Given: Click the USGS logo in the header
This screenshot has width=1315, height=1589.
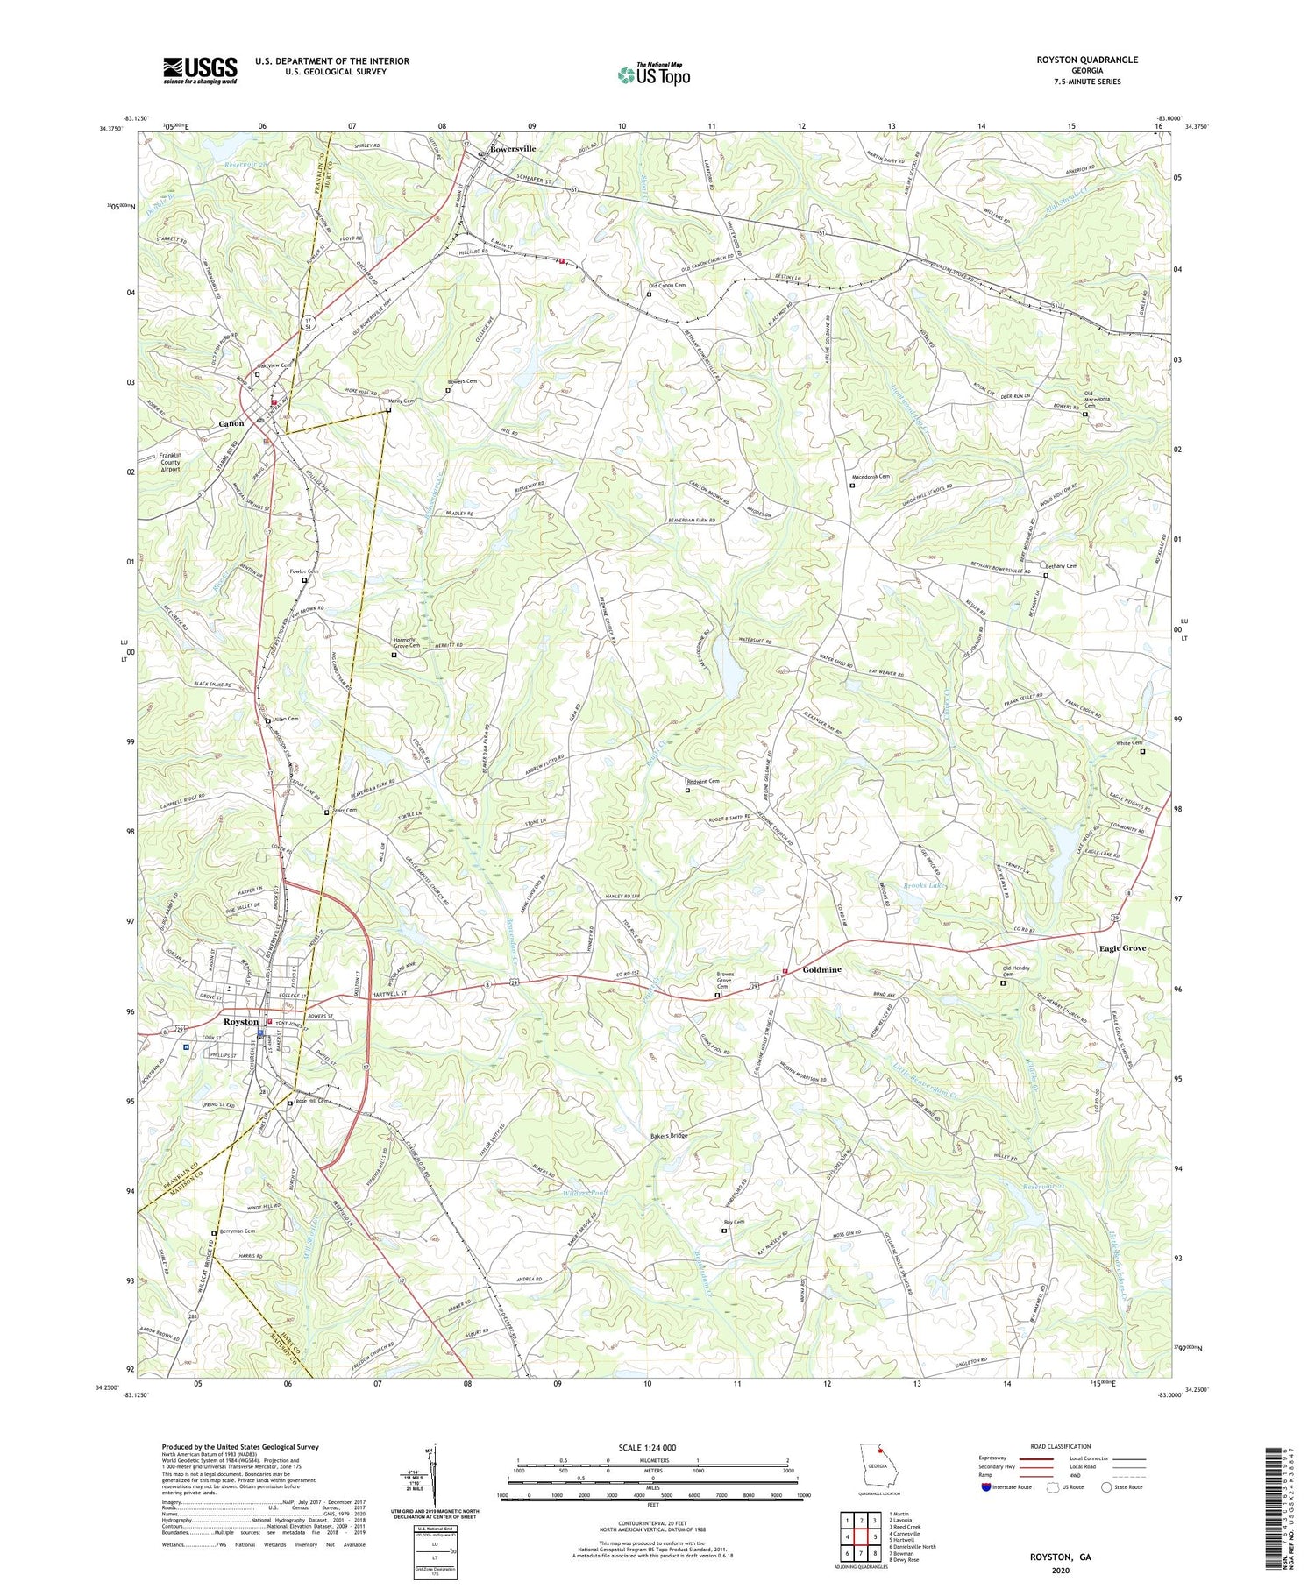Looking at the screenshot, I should tap(200, 70).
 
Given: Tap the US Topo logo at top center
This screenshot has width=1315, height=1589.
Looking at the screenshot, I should tap(653, 74).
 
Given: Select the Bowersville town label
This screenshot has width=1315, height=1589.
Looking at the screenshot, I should tap(513, 149).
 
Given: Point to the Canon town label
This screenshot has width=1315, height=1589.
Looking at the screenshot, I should tap(231, 423).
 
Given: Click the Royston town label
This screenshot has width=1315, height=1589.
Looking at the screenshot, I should tap(240, 1022).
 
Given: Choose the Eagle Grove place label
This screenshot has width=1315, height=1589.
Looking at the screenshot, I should tap(1123, 948).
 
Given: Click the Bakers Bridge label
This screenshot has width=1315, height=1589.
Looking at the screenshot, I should tap(669, 1136).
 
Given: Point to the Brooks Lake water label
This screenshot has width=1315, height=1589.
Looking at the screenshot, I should tap(925, 886).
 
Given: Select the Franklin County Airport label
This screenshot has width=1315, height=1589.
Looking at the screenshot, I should tap(181, 462).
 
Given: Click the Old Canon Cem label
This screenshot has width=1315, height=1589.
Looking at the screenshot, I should tap(667, 286).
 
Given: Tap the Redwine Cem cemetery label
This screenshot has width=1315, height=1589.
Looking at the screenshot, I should tap(703, 781).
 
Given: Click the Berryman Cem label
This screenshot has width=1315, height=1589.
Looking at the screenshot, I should tap(238, 1231).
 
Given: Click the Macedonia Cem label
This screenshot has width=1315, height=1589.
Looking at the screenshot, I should tap(870, 477).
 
